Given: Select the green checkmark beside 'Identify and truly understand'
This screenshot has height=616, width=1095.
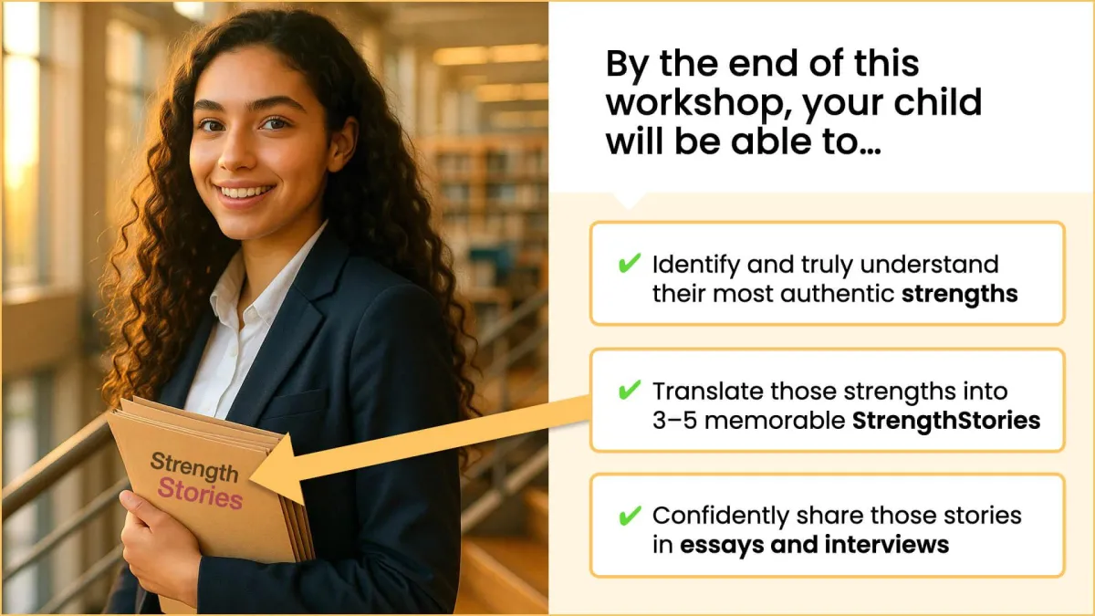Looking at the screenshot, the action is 630,263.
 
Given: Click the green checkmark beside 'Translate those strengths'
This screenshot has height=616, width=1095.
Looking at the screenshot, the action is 630,390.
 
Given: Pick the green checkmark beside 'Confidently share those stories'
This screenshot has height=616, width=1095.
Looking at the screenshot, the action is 630,516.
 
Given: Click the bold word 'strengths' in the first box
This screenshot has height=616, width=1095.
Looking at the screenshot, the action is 960,294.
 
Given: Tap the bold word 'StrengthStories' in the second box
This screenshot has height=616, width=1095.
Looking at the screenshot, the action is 946,421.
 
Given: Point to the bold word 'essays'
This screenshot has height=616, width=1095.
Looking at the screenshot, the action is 722,546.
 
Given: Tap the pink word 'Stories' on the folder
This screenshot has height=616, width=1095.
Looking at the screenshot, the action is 200,494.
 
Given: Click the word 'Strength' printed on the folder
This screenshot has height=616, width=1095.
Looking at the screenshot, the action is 194,466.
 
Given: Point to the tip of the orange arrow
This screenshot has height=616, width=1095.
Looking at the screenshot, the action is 250,478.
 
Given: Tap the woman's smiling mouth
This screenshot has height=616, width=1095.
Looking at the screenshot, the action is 245,193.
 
